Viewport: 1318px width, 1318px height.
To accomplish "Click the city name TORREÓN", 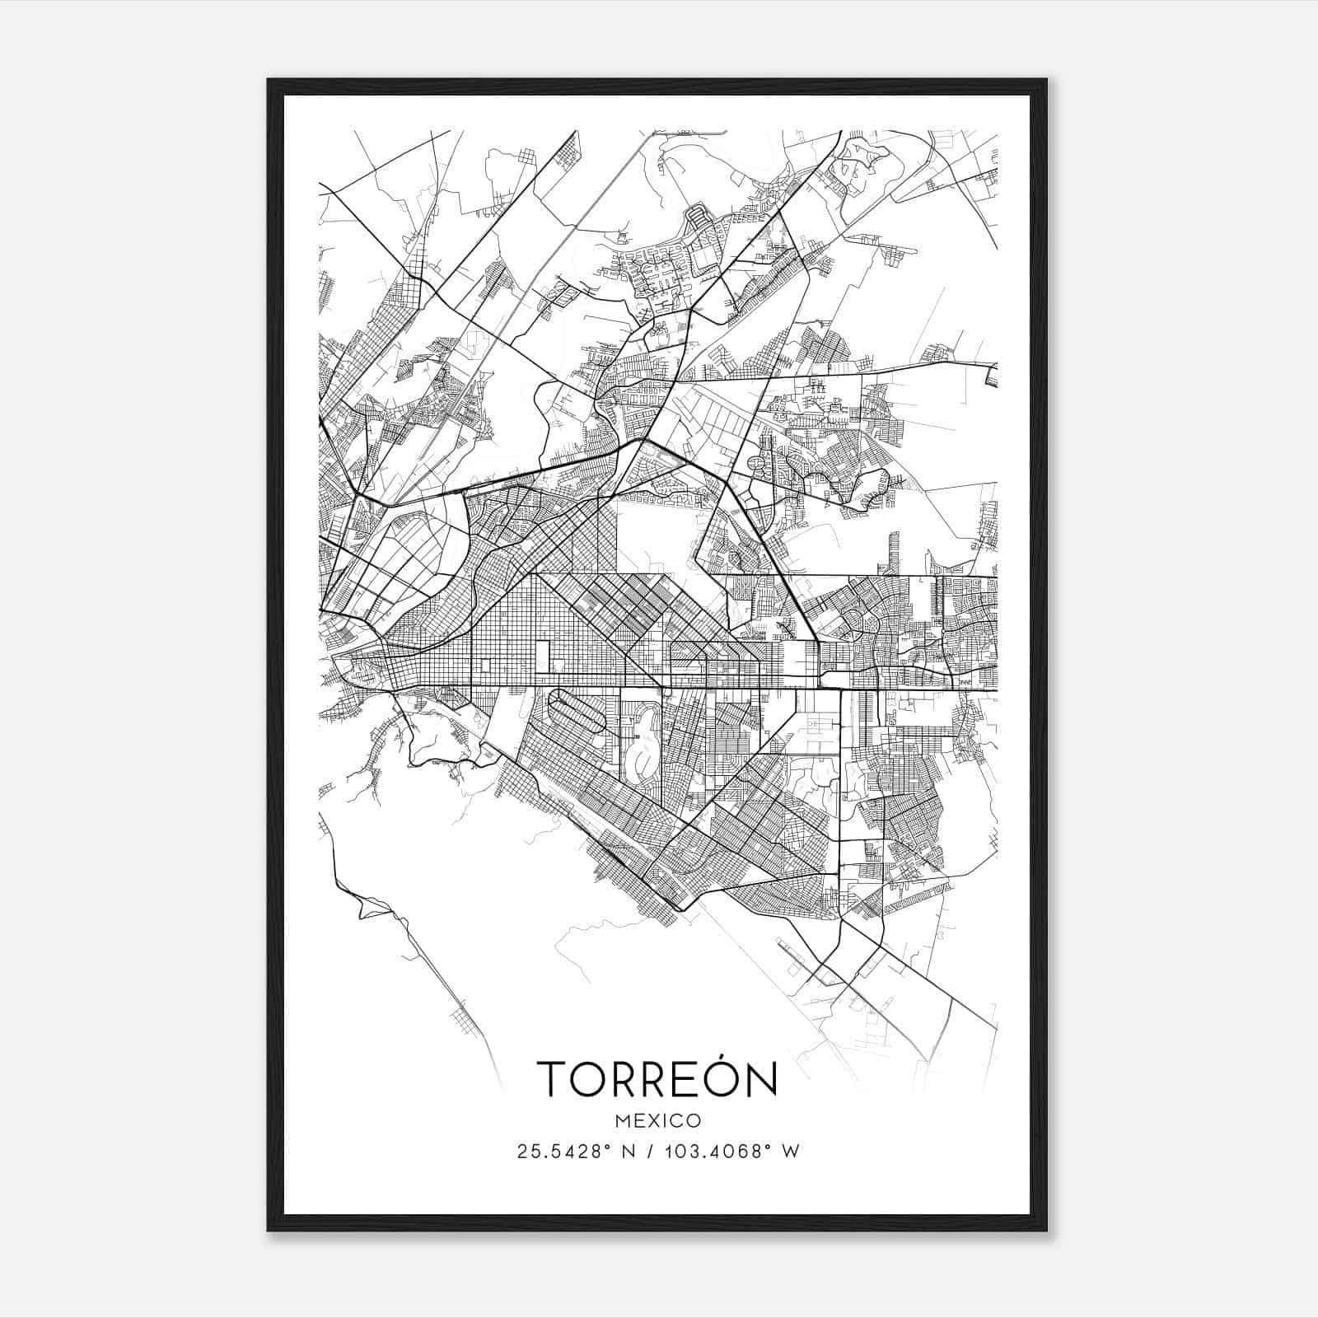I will pyautogui.click(x=657, y=1078).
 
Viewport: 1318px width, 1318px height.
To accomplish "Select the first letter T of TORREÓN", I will pyautogui.click(x=553, y=1079).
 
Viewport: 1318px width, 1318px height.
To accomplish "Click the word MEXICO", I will pyautogui.click(x=658, y=1121).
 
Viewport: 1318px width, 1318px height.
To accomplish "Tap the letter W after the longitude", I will pyautogui.click(x=791, y=1152).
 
